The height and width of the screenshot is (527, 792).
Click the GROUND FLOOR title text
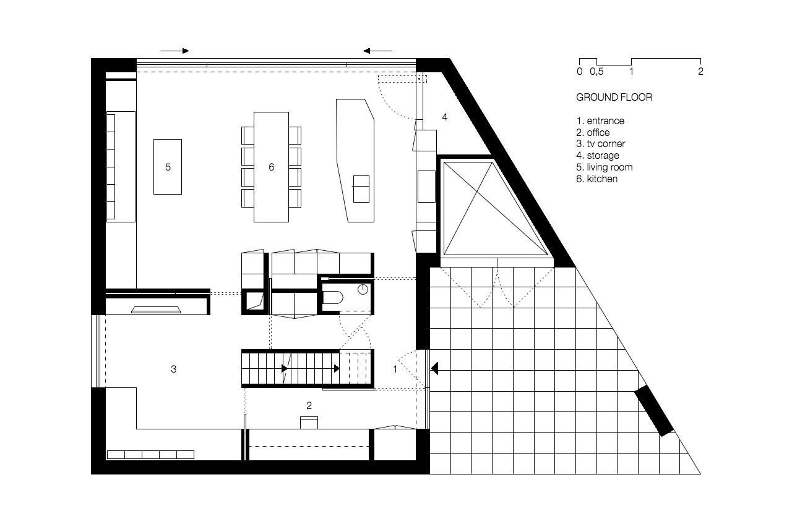614,97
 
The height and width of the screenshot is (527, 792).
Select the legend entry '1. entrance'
600,120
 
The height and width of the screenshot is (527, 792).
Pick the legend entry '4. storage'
598,155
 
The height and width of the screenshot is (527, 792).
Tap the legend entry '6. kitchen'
597,179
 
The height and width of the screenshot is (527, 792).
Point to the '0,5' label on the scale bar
596,72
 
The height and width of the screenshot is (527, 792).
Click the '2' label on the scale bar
700,71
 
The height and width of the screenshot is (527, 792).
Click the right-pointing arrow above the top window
174,51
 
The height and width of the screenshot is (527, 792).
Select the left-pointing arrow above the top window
377,51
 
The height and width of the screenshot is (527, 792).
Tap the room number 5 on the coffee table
168,167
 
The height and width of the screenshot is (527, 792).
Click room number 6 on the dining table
271,167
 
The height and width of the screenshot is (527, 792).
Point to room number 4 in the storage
444,117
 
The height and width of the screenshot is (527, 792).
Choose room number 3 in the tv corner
173,369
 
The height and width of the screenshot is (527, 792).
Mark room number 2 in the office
309,405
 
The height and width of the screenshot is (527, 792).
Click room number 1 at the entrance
395,369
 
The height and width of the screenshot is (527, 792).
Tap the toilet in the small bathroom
333,298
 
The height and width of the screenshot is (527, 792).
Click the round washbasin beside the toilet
363,289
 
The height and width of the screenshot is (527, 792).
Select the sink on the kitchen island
361,189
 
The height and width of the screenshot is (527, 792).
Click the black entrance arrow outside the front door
434,368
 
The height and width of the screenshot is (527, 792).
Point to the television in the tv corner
156,310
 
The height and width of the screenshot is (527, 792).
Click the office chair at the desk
309,423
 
